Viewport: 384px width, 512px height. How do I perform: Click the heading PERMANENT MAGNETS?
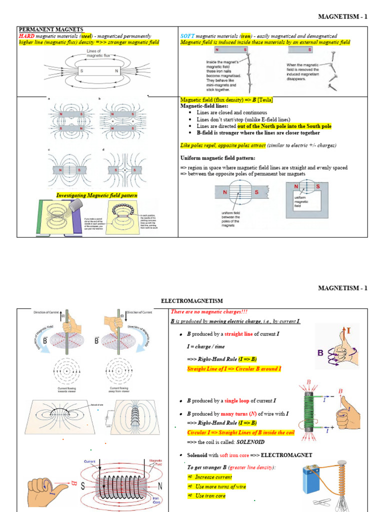50,29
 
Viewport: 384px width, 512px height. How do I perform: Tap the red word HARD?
26,36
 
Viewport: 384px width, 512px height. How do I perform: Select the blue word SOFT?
186,36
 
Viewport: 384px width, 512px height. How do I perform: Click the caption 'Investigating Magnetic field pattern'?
97,195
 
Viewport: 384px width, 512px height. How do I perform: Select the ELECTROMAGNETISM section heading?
191,301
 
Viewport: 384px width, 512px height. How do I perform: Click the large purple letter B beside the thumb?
320,353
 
